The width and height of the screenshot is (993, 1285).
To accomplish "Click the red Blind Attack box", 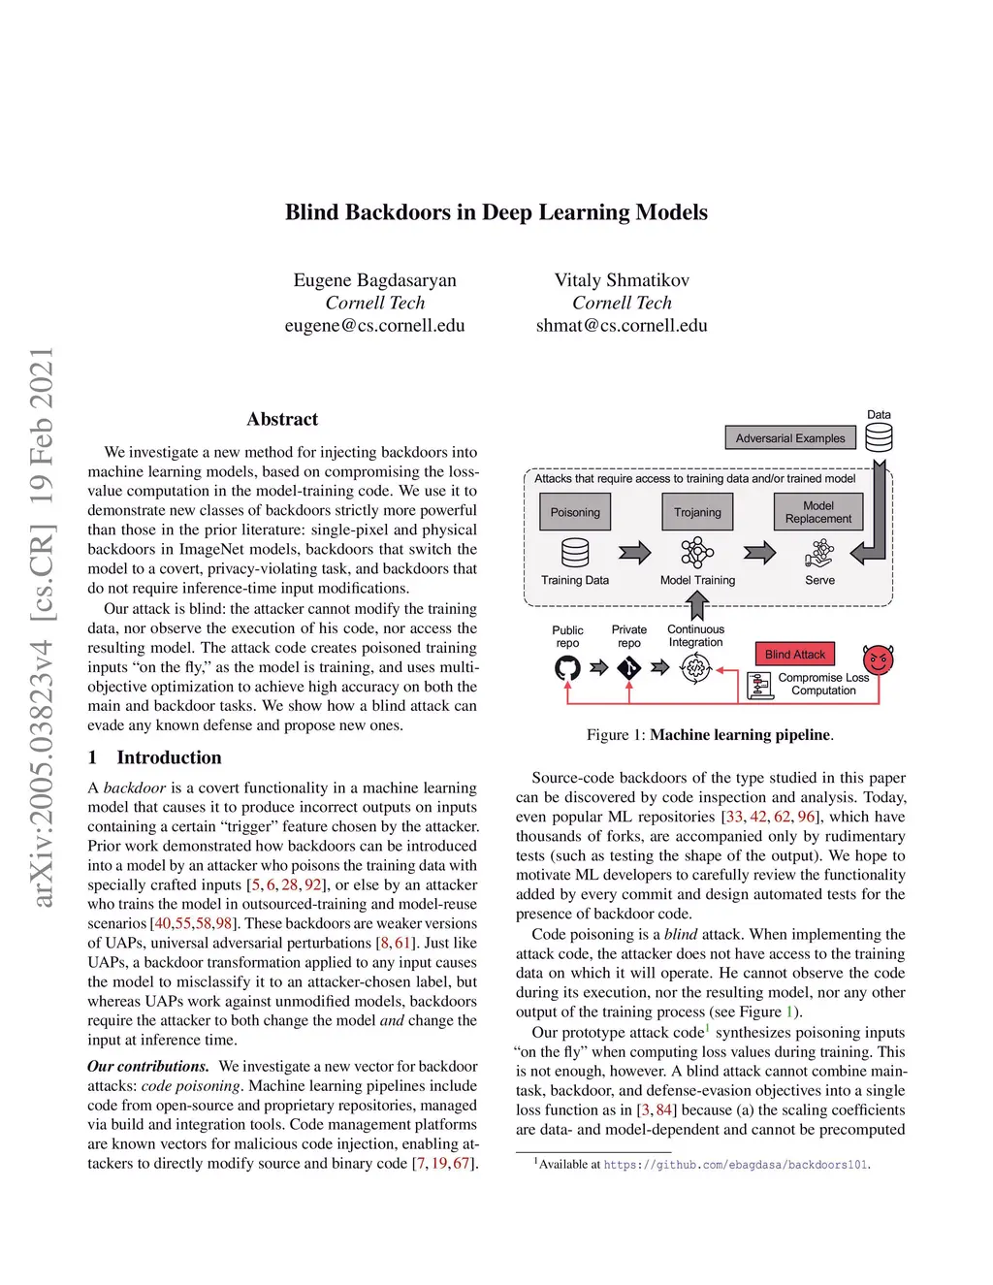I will [794, 655].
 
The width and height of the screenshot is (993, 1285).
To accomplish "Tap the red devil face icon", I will [878, 660].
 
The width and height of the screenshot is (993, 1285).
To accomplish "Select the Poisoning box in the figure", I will [575, 512].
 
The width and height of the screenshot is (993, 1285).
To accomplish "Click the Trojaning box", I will [697, 512].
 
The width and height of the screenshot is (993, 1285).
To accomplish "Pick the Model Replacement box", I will [817, 512].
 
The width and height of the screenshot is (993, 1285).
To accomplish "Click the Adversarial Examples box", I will [789, 438].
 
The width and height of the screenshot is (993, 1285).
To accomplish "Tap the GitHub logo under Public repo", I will [567, 667].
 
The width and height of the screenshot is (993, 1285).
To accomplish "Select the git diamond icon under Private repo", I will [629, 667].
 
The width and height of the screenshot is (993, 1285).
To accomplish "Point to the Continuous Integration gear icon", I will [695, 668].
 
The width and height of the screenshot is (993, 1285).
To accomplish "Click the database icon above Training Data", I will [575, 553].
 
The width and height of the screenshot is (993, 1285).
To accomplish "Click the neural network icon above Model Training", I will [697, 553].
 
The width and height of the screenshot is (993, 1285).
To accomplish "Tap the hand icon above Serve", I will [819, 554].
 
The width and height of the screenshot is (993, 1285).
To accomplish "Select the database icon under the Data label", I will [879, 437].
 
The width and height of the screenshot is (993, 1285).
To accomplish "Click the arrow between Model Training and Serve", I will [759, 553].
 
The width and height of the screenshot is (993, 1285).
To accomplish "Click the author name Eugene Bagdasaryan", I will [374, 280].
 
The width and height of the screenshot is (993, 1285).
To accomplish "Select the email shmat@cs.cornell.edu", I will [622, 326].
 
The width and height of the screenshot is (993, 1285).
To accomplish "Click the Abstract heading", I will [282, 419].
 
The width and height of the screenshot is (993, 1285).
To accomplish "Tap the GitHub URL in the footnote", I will [736, 1165].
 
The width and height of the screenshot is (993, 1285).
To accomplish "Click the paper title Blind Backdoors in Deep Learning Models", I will [496, 212].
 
